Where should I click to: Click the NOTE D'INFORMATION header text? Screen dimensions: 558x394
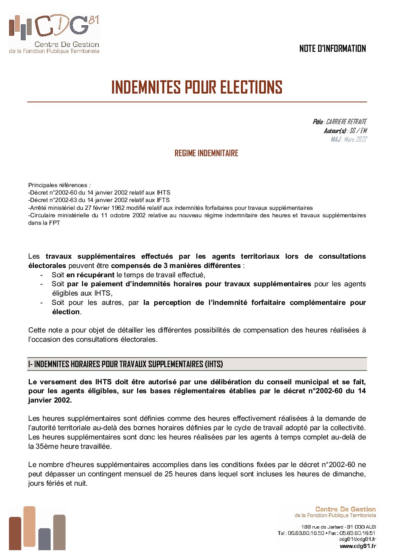[x=332, y=48]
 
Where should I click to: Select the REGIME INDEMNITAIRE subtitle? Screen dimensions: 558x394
[x=206, y=153]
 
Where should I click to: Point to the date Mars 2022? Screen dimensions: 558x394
[x=356, y=139]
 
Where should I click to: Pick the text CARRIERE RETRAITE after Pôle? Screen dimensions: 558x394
[x=346, y=122]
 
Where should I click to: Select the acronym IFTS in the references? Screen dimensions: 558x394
[x=163, y=200]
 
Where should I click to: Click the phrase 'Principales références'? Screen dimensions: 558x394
[x=58, y=185]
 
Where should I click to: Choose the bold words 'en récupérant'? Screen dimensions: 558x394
[x=90, y=275]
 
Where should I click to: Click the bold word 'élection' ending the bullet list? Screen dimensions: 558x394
[x=66, y=312]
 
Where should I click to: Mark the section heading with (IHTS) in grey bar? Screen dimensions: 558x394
[x=126, y=364]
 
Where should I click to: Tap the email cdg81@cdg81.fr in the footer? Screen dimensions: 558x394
[x=357, y=539]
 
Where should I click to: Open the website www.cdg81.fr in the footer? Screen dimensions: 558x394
[x=358, y=546]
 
